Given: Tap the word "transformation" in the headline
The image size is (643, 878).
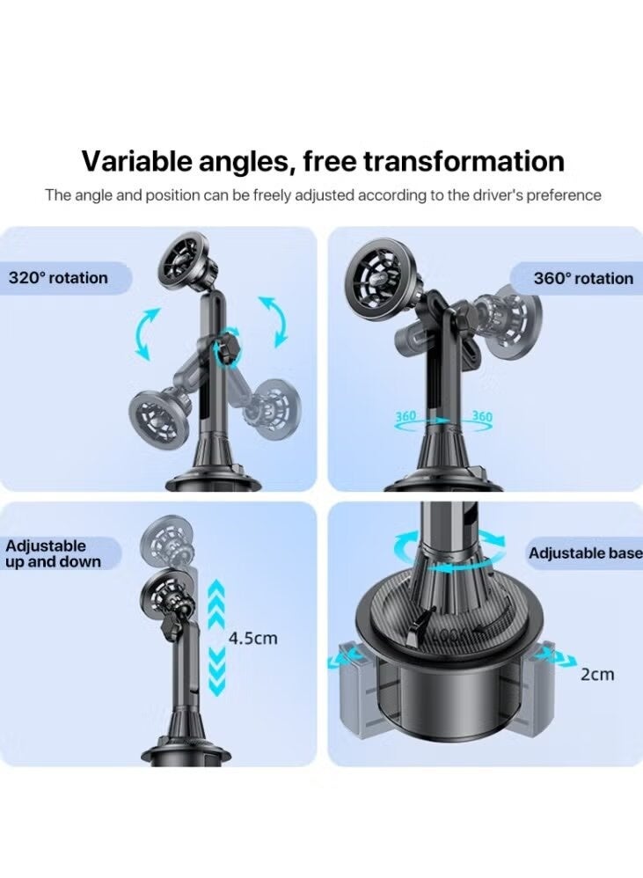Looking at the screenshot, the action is click(x=464, y=161).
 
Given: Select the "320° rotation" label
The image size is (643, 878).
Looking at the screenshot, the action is click(x=58, y=278).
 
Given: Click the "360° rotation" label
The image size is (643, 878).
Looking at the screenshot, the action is click(x=583, y=278).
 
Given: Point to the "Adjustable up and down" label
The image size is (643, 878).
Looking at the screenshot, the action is click(x=53, y=553).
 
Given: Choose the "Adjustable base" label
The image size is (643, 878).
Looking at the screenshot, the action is click(x=585, y=553).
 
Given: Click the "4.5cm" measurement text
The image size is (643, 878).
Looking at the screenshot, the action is click(x=253, y=639).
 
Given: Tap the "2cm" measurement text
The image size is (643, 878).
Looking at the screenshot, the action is click(x=597, y=674).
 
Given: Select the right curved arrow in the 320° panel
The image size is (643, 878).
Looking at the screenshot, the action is click(x=275, y=321).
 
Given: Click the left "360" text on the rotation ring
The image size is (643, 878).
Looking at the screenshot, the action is click(x=406, y=417).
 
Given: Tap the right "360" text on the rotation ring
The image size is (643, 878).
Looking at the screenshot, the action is click(x=482, y=417).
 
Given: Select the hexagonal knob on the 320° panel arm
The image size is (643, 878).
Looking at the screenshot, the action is click(x=227, y=349).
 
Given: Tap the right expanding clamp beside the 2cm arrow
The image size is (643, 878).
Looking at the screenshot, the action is click(x=533, y=689).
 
